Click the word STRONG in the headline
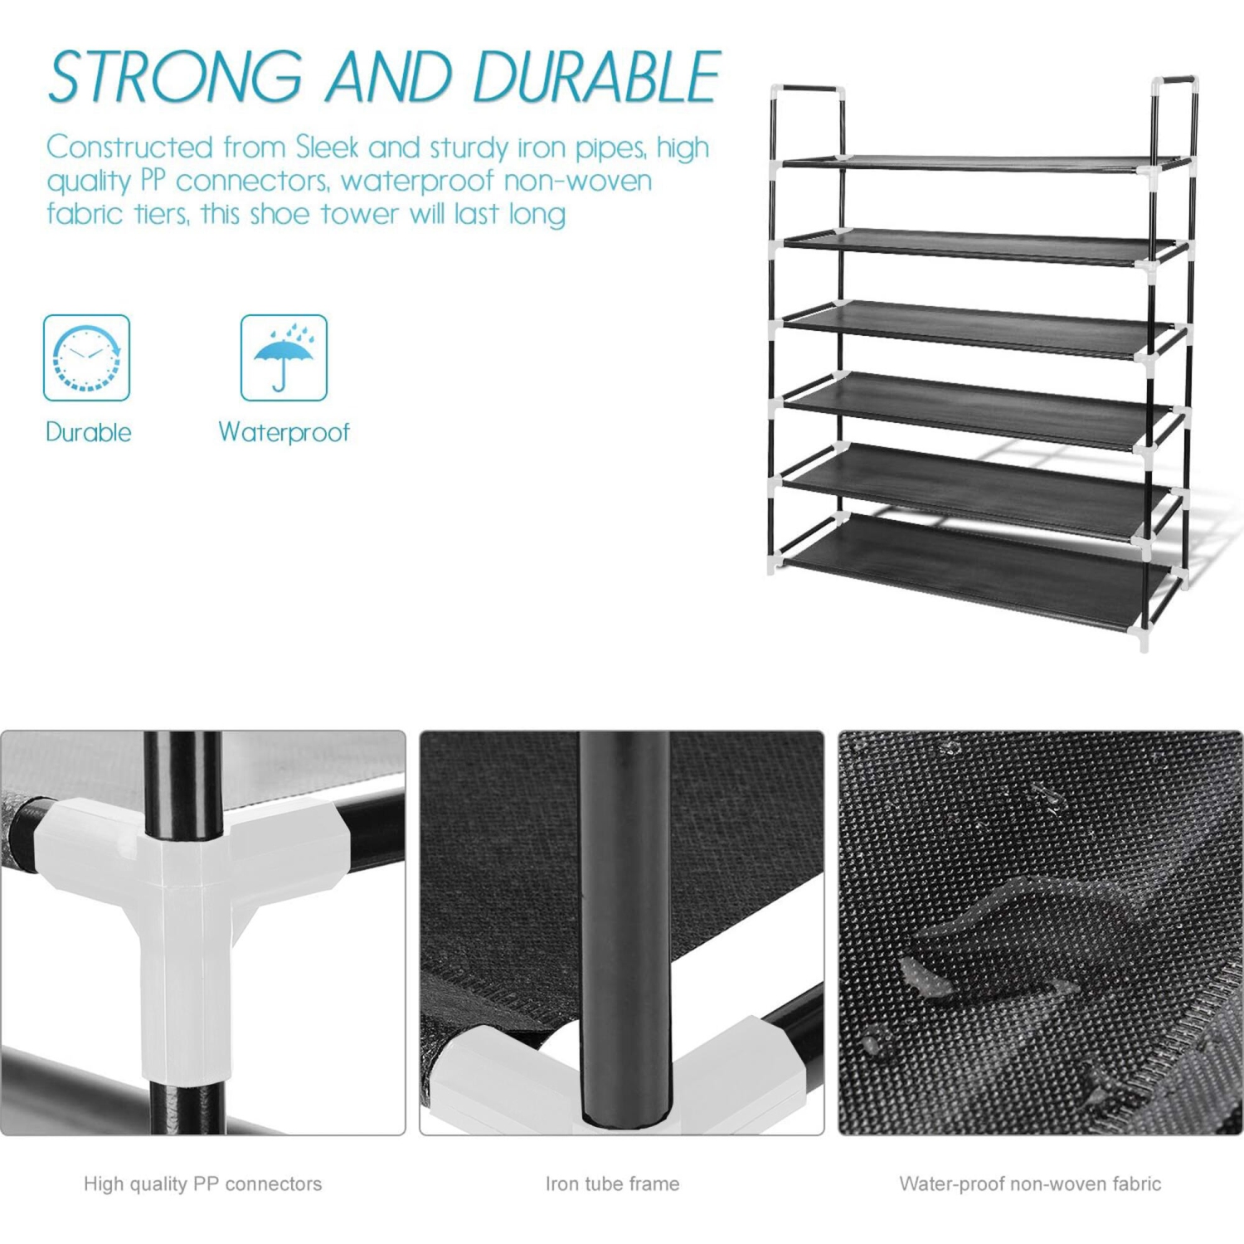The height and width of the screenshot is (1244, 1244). pos(175,77)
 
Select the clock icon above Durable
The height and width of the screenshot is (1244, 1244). pos(87,358)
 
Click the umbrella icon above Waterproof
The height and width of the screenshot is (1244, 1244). pos(284,358)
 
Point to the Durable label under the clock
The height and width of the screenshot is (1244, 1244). pos(88,432)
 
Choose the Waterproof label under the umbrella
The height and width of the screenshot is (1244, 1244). pos(284,432)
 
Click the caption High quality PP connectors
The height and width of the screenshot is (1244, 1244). pos(202,1184)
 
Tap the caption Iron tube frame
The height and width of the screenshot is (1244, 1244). pos(612,1184)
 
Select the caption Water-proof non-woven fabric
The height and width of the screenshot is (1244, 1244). pos(1030,1184)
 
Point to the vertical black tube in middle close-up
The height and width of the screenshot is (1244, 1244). pos(624,912)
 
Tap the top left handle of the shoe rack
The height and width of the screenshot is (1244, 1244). pos(808,88)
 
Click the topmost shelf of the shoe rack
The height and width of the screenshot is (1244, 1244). pos(979,162)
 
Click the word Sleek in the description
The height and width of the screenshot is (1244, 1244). pos(328,148)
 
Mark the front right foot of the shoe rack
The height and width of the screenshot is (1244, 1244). pos(1144,644)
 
